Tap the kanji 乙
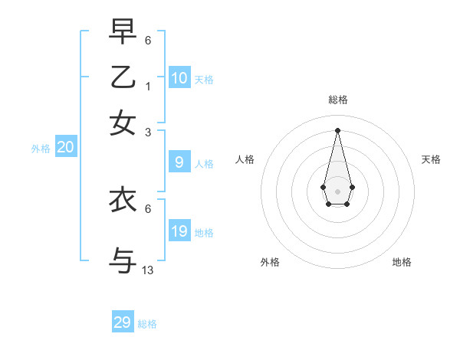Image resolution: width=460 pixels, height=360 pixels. click(x=123, y=78)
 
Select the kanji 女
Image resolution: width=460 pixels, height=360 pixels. click(x=123, y=123)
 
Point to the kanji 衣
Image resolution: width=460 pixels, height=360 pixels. click(x=123, y=200)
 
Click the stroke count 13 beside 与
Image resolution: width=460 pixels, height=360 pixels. click(x=148, y=270)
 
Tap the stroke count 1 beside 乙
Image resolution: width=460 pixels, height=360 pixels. click(x=148, y=87)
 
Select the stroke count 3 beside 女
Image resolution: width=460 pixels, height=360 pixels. click(x=148, y=132)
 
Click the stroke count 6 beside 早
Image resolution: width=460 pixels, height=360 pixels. click(x=148, y=40)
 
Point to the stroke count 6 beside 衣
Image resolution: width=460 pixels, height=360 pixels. click(x=148, y=208)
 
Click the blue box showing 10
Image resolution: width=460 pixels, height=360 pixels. click(x=179, y=77)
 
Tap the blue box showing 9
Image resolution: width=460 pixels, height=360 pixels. click(x=179, y=162)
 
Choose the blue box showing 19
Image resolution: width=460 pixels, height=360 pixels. click(x=179, y=231)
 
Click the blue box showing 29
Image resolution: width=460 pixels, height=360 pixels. click(x=123, y=322)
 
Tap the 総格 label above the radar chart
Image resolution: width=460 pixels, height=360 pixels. click(x=338, y=100)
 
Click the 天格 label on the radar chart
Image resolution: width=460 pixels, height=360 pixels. click(x=432, y=159)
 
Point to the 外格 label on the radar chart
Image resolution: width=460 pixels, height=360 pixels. click(x=270, y=262)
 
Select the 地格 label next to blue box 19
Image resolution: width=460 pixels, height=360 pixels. click(x=204, y=232)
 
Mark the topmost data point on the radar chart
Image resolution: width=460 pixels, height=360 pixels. click(x=338, y=129)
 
